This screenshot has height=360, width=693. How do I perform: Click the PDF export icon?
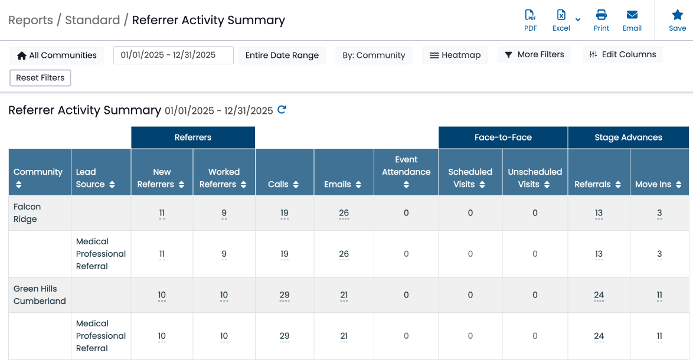point(530,15)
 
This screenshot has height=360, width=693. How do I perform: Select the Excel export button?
point(561,21)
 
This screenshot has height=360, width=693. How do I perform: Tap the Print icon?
point(601,15)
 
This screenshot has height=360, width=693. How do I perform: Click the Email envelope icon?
point(632,15)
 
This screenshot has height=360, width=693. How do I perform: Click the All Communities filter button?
point(57,55)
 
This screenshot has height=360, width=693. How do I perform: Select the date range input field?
point(174,55)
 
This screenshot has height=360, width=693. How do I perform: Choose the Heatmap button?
point(455,55)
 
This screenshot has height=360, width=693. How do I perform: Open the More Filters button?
point(534,55)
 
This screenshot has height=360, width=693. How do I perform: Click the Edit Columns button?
point(622,55)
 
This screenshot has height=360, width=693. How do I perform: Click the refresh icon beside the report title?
point(282,110)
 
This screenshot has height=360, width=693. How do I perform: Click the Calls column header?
point(284,172)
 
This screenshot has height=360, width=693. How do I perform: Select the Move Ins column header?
point(659,172)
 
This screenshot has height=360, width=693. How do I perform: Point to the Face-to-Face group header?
point(503,138)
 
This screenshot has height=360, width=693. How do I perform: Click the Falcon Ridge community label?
point(27,213)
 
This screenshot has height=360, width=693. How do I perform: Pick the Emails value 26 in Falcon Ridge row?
point(344,213)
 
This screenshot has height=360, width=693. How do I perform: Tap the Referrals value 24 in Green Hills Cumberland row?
point(599,295)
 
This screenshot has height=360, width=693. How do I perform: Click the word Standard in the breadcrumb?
point(92,20)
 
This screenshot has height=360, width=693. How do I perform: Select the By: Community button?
point(374,55)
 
